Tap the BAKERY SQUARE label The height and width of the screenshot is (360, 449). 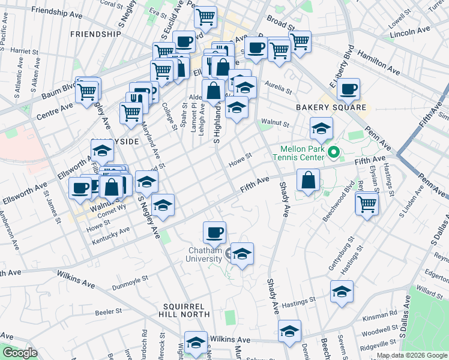[x=331, y=107]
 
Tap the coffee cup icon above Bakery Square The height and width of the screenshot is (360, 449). [x=348, y=90]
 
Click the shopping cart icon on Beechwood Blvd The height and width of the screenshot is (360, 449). [x=366, y=203]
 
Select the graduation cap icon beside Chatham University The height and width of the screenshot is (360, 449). [x=242, y=254]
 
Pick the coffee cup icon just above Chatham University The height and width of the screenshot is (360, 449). [x=214, y=232]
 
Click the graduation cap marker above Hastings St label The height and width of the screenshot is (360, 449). [x=342, y=292]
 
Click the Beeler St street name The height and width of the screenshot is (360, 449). [x=107, y=312]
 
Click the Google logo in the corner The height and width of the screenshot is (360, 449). [x=19, y=353]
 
